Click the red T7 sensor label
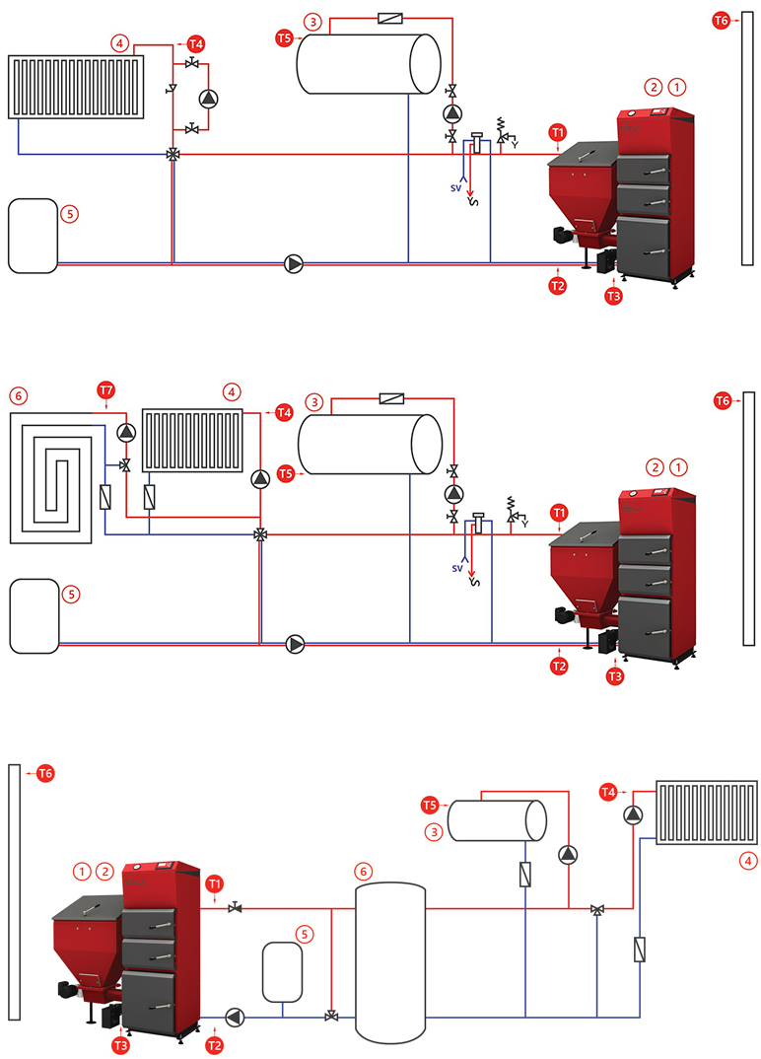[106, 391]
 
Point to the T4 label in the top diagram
[196, 44]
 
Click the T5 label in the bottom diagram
[429, 806]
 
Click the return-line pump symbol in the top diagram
[294, 263]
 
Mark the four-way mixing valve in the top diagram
[173, 154]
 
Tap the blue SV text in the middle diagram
[457, 569]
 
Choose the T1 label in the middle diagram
[559, 513]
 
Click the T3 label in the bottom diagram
[121, 1044]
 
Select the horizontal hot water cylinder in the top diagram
[369, 64]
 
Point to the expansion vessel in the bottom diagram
[282, 972]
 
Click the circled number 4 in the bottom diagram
[750, 861]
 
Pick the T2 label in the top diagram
[557, 286]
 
